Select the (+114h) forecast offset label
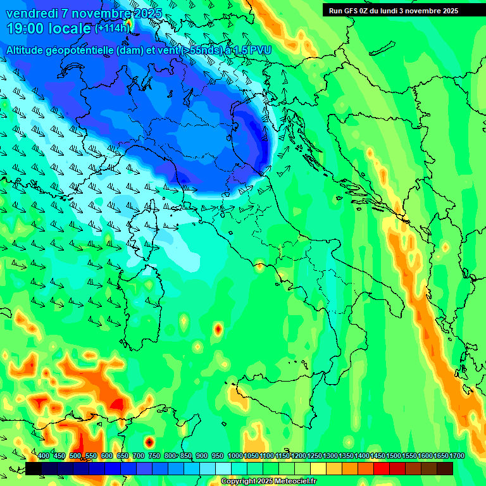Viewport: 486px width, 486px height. (x=112, y=28)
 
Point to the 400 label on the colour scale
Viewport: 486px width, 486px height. (x=44, y=456)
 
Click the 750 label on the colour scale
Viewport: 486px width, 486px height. (x=154, y=456)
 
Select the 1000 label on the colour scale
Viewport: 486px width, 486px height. (x=235, y=456)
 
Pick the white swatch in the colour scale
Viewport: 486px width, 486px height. (x=223, y=468)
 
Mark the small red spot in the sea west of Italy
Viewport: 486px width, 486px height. (x=218, y=329)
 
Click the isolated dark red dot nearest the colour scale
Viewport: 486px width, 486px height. (x=149, y=442)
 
